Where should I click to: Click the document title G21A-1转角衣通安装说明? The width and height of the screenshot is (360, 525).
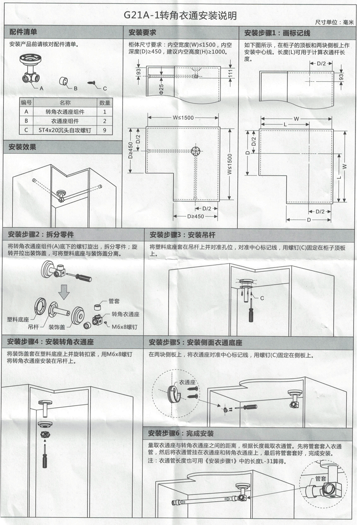[180, 16]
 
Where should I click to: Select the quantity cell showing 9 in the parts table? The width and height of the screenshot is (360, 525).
[105, 130]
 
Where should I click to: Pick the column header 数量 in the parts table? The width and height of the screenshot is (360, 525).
[105, 103]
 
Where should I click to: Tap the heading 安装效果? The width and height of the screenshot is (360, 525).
[23, 147]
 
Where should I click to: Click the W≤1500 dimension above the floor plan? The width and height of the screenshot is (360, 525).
[183, 118]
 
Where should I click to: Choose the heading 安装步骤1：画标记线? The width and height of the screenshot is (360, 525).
[277, 33]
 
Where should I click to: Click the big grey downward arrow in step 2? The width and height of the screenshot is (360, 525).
[65, 291]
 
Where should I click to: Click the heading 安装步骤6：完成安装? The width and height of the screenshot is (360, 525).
[181, 433]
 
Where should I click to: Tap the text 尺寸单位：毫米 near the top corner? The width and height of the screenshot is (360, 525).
[334, 22]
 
